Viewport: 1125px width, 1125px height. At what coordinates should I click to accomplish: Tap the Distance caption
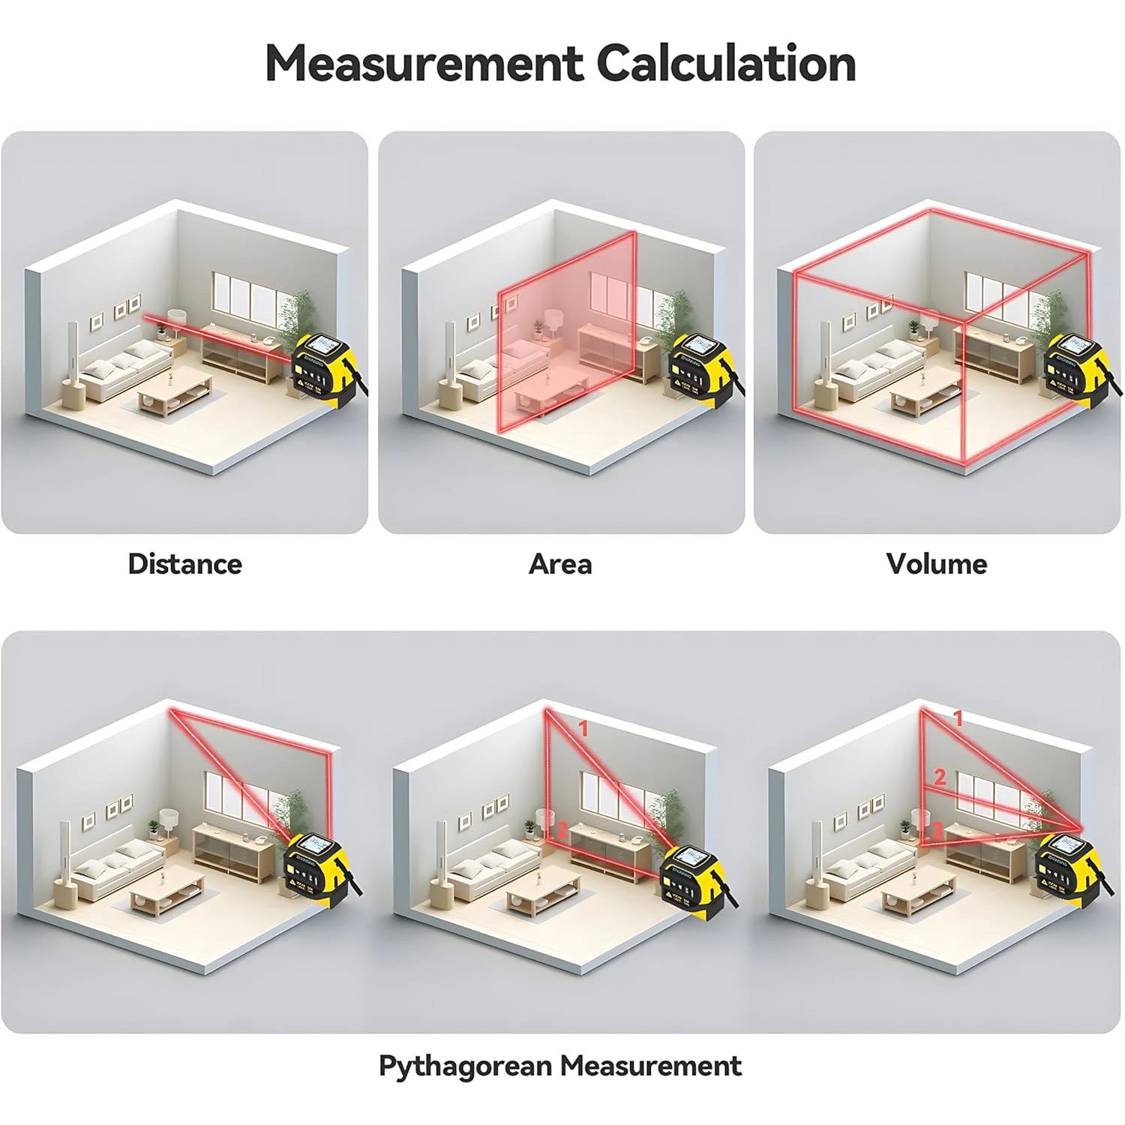pyautogui.click(x=184, y=564)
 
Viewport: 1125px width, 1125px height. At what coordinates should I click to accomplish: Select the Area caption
pyautogui.click(x=560, y=564)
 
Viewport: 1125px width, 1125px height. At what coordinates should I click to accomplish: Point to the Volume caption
pyautogui.click(x=936, y=564)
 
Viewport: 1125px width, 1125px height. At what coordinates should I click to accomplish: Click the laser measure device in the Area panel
pyautogui.click(x=701, y=367)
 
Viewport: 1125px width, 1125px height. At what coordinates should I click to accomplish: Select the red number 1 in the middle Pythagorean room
pyautogui.click(x=583, y=727)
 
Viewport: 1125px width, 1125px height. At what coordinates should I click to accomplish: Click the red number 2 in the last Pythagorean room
pyautogui.click(x=940, y=777)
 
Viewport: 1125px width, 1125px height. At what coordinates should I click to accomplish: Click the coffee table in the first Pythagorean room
pyautogui.click(x=166, y=895)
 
